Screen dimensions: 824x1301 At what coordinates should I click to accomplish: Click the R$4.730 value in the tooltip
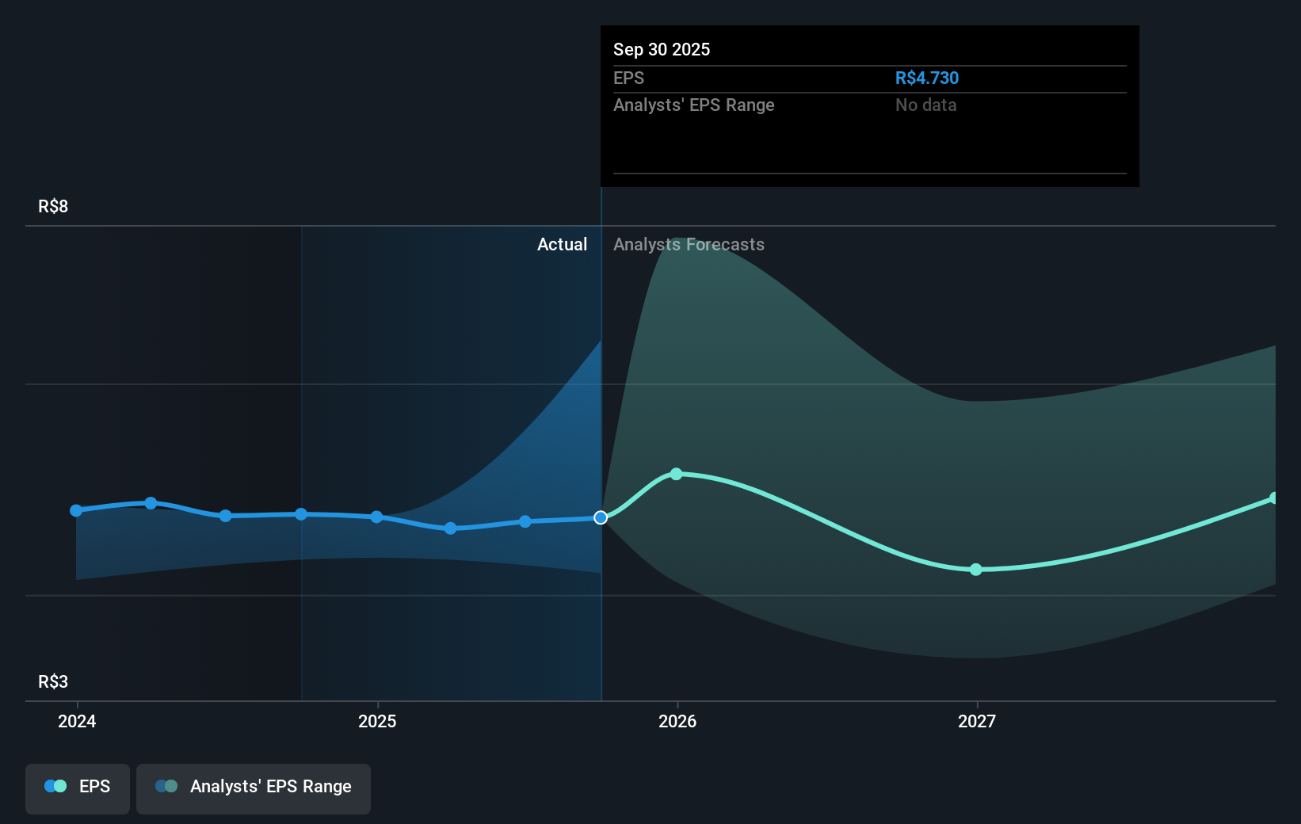[x=926, y=78]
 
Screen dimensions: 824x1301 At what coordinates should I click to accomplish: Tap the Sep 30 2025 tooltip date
[x=662, y=49]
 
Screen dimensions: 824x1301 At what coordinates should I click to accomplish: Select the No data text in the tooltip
[x=925, y=105]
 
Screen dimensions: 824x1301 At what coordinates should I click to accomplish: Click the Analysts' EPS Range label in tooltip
[x=693, y=105]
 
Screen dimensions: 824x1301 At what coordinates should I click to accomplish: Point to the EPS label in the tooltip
[x=628, y=78]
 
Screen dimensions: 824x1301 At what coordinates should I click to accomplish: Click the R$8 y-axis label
[x=53, y=206]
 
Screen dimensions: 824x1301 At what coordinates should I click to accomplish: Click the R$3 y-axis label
[x=53, y=681]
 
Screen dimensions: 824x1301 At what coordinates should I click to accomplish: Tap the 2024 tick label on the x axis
[x=77, y=721]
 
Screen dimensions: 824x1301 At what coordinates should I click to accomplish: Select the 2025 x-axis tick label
[x=377, y=721]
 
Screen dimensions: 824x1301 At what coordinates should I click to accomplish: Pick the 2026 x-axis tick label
[x=677, y=721]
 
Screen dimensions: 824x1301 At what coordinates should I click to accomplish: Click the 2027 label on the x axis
[x=977, y=721]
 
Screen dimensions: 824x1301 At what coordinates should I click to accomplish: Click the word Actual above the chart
[x=562, y=244]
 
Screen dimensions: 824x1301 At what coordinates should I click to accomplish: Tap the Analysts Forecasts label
[x=689, y=244]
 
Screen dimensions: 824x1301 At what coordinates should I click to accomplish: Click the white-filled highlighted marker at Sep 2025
[x=601, y=517]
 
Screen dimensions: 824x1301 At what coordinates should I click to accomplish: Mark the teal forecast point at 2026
[x=677, y=474]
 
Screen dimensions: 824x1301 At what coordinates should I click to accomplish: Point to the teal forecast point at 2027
[x=976, y=570]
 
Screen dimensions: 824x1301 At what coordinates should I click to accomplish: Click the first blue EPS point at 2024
[x=76, y=510]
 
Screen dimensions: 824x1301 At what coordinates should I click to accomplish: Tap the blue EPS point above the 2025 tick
[x=377, y=517]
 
